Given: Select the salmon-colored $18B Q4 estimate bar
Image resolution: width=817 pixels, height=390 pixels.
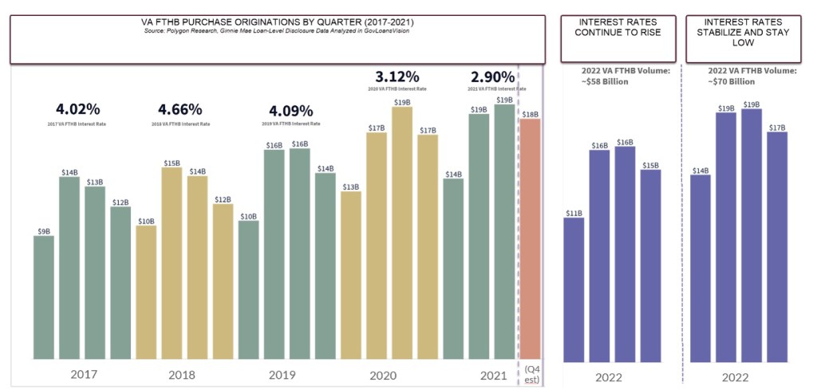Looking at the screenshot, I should click(x=530, y=238).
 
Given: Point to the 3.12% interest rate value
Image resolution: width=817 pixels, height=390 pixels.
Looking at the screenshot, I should click(x=397, y=77).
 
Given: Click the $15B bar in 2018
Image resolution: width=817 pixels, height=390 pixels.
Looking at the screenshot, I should click(x=172, y=263).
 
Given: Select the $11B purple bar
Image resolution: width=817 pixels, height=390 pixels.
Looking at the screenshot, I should click(x=574, y=288).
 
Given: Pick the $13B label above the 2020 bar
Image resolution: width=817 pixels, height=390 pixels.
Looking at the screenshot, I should click(x=350, y=187).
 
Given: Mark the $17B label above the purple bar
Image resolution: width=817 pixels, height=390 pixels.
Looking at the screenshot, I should click(x=776, y=127).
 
